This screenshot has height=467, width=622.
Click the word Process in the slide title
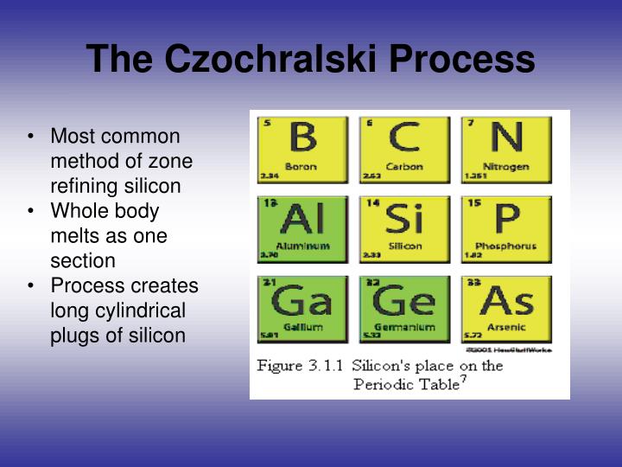[x=461, y=61]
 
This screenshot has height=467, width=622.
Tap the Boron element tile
[x=301, y=149]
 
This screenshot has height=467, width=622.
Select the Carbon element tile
[x=403, y=149]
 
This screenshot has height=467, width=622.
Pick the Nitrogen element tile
[x=506, y=149]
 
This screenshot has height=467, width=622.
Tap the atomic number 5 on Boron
[x=267, y=123]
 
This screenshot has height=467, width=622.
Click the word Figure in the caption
[x=280, y=366]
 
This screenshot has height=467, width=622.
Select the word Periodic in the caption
[x=382, y=384]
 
